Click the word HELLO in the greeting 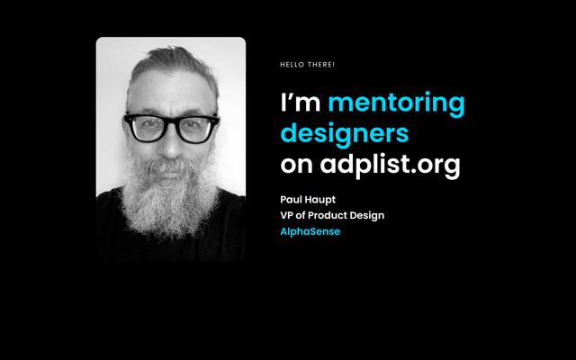click(292, 65)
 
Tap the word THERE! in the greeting click(321, 65)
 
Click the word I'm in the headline click(300, 102)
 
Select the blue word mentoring click(396, 104)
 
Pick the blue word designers click(344, 134)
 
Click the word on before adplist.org click(296, 165)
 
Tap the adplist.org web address click(390, 166)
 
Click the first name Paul click(289, 200)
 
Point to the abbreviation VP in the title click(286, 215)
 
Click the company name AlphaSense click(310, 232)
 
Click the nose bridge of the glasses click(171, 121)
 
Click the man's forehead click(172, 92)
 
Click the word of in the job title click(300, 215)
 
